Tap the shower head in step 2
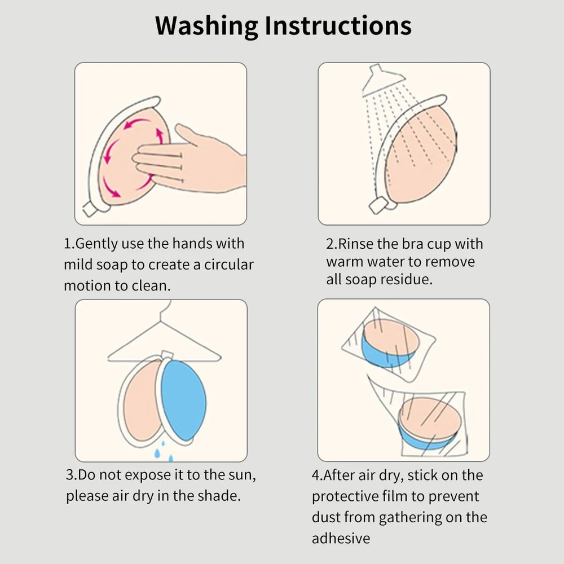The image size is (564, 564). (380, 81)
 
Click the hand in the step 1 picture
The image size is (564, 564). (197, 161)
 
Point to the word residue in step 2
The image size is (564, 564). (404, 279)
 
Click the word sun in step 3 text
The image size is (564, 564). (241, 475)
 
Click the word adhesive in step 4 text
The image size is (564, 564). (341, 538)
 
